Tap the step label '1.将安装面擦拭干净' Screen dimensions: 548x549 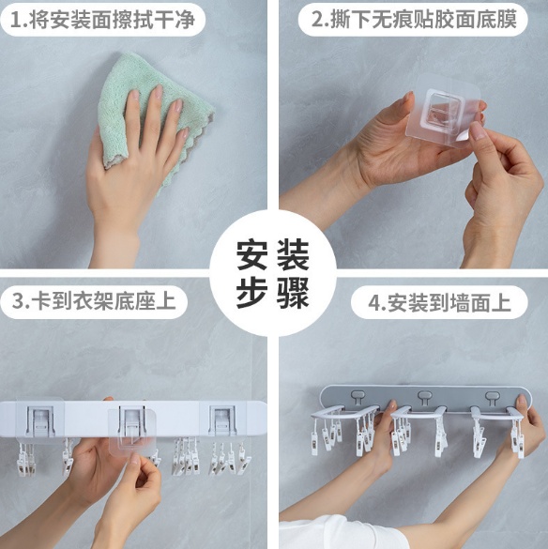click(x=102, y=20)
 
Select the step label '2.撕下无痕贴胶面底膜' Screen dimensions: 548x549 click(x=414, y=20)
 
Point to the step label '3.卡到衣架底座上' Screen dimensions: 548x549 click(x=94, y=300)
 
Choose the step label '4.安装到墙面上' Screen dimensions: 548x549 click(x=439, y=303)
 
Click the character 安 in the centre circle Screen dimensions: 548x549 click(x=252, y=254)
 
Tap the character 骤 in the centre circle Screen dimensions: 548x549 click(x=293, y=293)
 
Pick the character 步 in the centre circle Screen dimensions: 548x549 click(x=252, y=293)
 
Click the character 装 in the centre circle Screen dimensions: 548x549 click(x=293, y=254)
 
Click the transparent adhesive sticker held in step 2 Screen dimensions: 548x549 click(x=443, y=111)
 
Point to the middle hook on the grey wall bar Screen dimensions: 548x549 click(x=424, y=397)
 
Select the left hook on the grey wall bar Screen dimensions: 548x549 click(x=358, y=397)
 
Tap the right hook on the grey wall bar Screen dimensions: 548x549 click(x=492, y=397)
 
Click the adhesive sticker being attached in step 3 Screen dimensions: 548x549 click(x=131, y=431)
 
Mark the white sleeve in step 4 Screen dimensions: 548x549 click(x=336, y=533)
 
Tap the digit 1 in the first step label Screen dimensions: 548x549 click(x=15, y=21)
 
